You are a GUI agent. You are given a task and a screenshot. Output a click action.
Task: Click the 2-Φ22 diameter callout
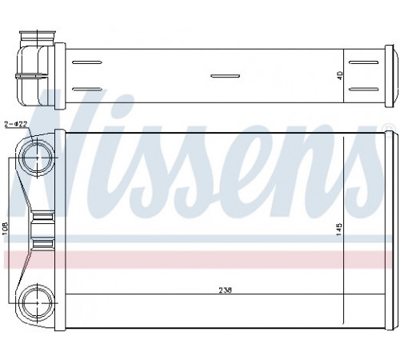coord(16,124)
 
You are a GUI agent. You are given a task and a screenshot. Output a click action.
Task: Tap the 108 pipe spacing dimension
coord(6,229)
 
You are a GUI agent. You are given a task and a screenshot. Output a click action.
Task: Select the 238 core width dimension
coord(226,290)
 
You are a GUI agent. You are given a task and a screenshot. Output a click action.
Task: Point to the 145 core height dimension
coord(339,229)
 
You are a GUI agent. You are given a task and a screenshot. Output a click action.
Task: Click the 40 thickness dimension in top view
coord(340,75)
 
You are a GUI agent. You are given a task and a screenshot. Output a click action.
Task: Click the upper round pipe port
coord(36,158)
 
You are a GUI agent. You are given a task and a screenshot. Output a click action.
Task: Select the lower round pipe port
coord(36,302)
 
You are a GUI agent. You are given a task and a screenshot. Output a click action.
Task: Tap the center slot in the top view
coord(225,76)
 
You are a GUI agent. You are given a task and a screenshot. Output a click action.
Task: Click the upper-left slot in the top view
coord(87,62)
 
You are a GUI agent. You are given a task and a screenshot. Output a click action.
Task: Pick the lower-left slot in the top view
coord(87,89)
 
